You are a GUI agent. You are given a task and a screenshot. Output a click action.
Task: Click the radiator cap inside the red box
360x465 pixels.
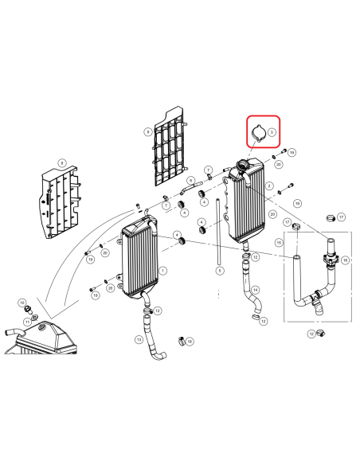[x=259, y=133]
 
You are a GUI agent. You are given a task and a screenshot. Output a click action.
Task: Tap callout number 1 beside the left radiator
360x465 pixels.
[x=163, y=271]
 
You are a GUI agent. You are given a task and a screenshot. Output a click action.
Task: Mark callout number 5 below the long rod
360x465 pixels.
[x=219, y=271]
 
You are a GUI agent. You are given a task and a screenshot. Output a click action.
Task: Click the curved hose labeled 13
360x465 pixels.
[x=151, y=341]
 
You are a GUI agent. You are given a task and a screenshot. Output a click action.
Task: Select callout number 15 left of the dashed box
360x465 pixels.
[x=279, y=242]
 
